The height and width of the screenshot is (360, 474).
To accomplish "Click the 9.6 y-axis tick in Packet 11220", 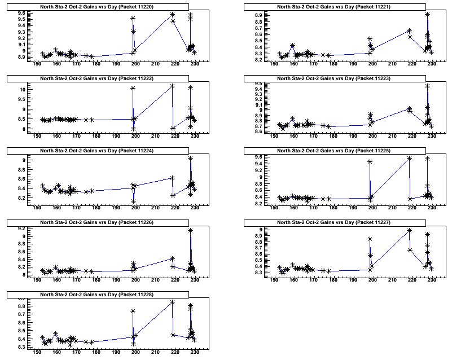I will pos(21,13).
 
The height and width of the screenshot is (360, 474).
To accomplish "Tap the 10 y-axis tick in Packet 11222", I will pos(23,90).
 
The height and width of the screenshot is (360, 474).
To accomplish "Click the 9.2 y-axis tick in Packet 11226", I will pos(21,229).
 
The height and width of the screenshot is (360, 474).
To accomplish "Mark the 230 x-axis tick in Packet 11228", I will pos(195,350).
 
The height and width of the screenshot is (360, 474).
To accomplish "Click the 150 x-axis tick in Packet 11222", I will pos(37,135).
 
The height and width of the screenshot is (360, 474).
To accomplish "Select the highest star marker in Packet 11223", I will pos(427,86).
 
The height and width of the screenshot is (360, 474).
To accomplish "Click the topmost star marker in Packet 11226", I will pos(190,230).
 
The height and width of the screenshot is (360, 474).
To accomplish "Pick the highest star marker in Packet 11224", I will pos(190,158).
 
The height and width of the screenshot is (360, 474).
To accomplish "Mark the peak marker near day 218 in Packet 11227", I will pos(409,230).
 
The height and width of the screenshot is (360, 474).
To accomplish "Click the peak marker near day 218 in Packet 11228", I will pos(172,302).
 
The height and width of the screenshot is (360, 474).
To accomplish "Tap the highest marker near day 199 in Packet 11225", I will pos(370,161).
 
